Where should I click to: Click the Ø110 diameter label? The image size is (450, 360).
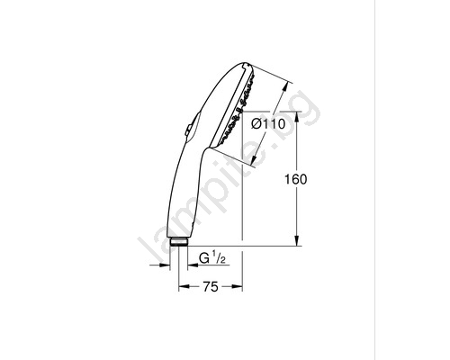pyautogui.click(x=268, y=123)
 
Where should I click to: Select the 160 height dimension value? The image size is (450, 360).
pyautogui.click(x=296, y=179)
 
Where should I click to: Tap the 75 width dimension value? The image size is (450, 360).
pyautogui.click(x=211, y=287)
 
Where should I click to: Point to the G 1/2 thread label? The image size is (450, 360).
pyautogui.click(x=212, y=257)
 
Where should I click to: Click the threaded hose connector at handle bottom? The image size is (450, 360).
pyautogui.click(x=179, y=242)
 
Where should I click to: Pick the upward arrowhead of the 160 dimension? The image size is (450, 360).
pyautogui.click(x=297, y=117)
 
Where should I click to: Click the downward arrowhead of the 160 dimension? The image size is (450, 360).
pyautogui.click(x=297, y=240)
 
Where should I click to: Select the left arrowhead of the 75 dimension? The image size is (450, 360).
pyautogui.click(x=184, y=287)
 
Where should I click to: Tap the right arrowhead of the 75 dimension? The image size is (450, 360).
pyautogui.click(x=237, y=287)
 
